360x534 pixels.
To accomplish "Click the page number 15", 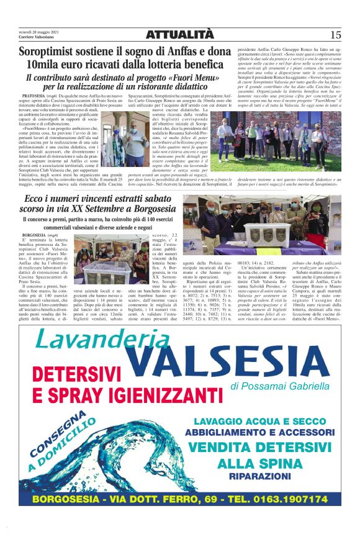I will point(336,35).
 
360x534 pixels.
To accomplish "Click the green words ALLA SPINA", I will point(258,463).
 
